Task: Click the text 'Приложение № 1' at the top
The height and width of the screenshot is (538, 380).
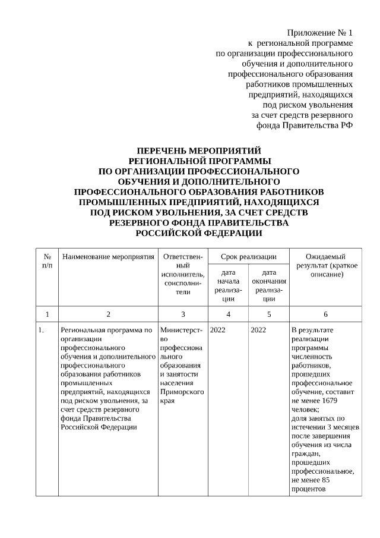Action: (x=320, y=32)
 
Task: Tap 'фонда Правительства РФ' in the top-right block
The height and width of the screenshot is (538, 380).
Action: (x=305, y=125)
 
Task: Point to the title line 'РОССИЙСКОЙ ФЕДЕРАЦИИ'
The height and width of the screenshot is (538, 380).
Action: (x=198, y=232)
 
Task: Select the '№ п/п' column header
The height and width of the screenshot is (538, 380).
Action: (x=47, y=260)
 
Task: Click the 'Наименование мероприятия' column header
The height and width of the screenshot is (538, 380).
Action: (x=107, y=257)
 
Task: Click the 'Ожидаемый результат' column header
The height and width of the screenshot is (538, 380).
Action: (x=325, y=266)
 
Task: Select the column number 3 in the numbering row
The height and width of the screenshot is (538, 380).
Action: (x=183, y=314)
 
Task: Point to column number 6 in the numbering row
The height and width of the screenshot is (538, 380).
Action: (x=325, y=314)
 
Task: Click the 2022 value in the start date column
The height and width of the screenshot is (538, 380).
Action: (x=218, y=330)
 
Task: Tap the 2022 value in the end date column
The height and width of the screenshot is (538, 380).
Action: (x=258, y=330)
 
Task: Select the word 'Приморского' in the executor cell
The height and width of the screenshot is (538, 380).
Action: (x=182, y=392)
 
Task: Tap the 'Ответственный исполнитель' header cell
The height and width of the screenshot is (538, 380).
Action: (x=183, y=274)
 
